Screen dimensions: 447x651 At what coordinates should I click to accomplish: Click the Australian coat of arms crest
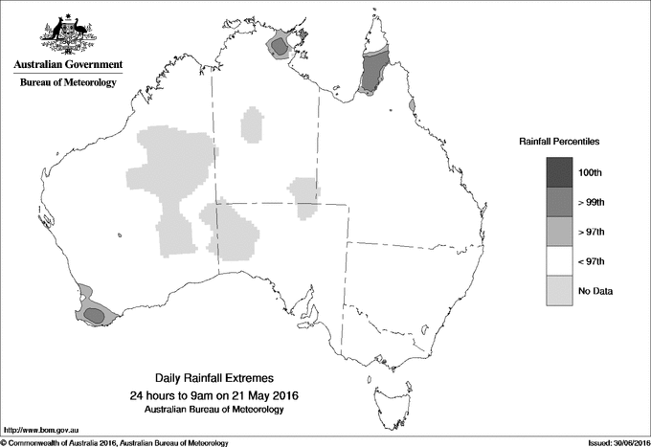(68, 33)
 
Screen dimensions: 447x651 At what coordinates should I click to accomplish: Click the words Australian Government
(68, 65)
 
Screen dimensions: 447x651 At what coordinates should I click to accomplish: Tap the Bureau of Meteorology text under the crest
(68, 83)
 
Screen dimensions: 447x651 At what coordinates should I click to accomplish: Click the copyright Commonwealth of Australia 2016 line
(115, 442)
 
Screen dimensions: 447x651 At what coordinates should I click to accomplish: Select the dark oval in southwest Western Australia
(93, 313)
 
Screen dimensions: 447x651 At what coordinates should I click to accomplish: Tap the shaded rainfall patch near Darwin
(281, 44)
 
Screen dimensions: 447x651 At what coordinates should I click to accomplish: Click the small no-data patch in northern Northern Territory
(254, 124)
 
